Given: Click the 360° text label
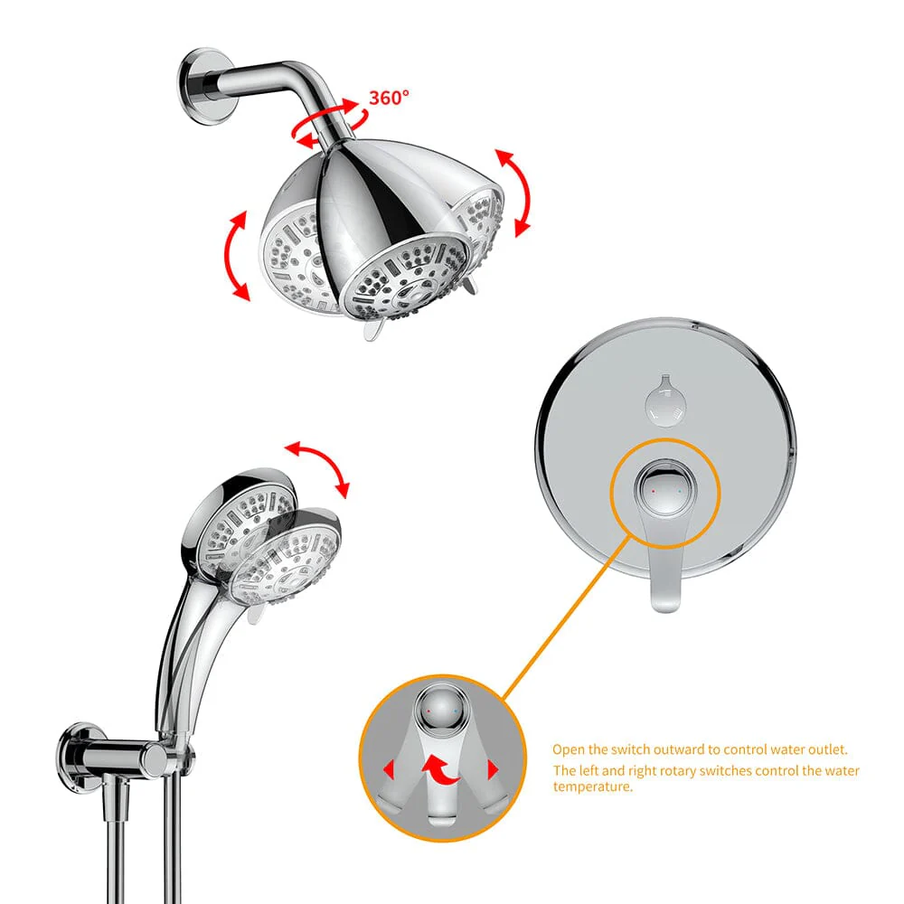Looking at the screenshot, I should point(389,98).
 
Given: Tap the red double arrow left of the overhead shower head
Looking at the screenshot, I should point(238,256).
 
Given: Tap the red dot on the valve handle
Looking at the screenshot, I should point(652,491).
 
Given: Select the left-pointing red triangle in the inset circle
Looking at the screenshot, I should point(389,770).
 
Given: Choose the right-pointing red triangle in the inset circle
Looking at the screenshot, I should point(494,770).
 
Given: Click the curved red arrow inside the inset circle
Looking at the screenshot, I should point(442,769).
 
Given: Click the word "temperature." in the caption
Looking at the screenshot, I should point(593,786).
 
